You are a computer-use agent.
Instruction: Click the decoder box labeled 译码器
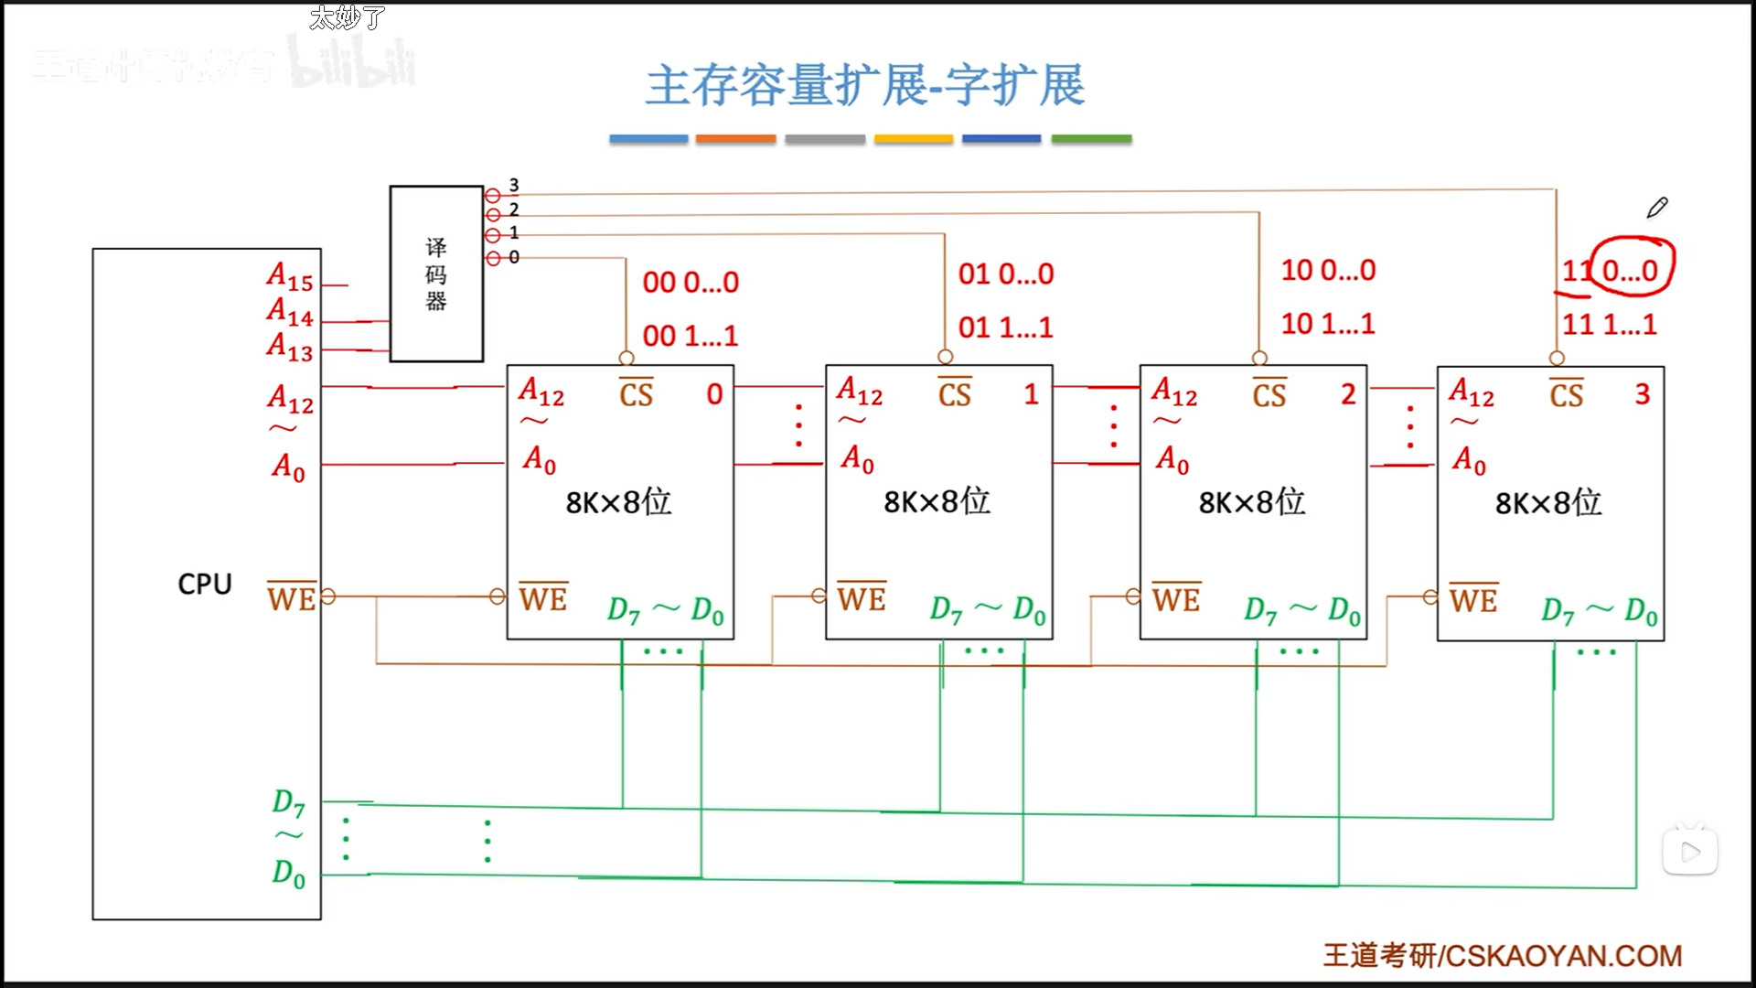(x=436, y=274)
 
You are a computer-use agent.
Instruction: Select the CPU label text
(x=205, y=584)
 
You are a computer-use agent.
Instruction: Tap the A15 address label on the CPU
(x=290, y=276)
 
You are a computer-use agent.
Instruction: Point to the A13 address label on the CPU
(x=290, y=347)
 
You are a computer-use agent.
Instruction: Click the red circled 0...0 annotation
(x=1633, y=269)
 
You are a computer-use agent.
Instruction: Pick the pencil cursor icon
(x=1656, y=208)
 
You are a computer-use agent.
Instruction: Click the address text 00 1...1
(x=690, y=336)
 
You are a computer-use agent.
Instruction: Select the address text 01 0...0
(x=1006, y=274)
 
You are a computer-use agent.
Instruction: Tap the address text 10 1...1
(x=1328, y=323)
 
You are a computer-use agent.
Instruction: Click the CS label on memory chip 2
(x=1269, y=393)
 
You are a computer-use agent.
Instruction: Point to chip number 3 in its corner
(x=1643, y=393)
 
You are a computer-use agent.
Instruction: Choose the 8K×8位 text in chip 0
(x=618, y=501)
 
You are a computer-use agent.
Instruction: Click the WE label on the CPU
(x=291, y=598)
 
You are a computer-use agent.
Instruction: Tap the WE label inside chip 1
(x=862, y=598)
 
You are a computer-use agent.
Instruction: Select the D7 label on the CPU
(x=288, y=802)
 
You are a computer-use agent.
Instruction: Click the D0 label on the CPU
(x=288, y=873)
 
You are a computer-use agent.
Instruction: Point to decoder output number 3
(x=514, y=186)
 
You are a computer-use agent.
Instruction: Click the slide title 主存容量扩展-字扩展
(x=865, y=86)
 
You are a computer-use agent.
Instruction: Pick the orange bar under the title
(x=735, y=139)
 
